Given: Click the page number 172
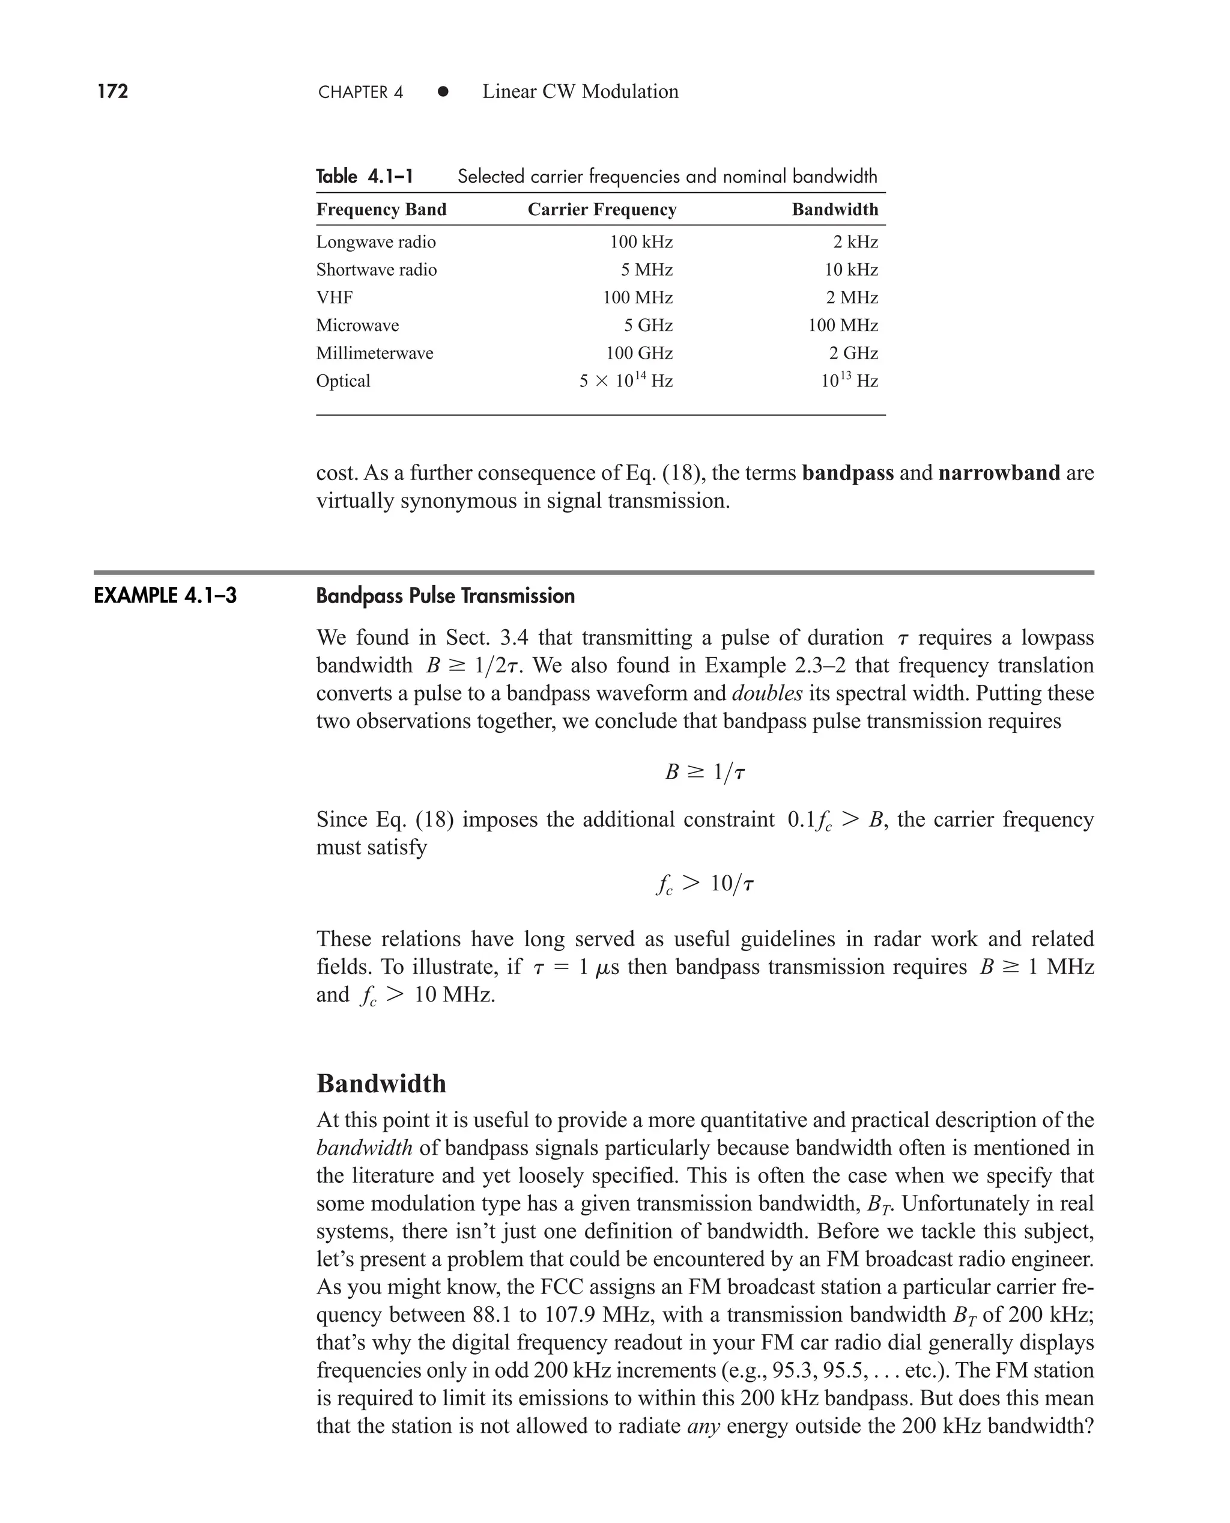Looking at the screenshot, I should pos(113,91).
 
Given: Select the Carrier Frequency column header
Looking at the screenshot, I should pos(602,210).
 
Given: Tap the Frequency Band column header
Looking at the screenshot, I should pos(381,210).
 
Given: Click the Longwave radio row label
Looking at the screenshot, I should pos(375,242).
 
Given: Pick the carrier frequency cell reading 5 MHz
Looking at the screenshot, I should pos(646,270).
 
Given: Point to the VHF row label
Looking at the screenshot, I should pos(335,297).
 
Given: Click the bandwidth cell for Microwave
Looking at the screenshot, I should pos(843,325).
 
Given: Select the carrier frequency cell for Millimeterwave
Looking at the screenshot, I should pos(638,353).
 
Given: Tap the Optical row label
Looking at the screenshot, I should pos(343,382).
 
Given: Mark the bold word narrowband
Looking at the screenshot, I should pos(998,473).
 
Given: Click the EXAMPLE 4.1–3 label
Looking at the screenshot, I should pos(165,596).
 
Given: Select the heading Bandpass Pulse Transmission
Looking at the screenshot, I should pos(445,596).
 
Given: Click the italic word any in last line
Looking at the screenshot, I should pos(703,1426).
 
